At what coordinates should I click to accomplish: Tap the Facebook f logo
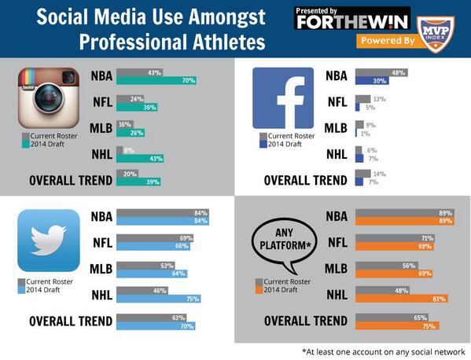click(x=282, y=98)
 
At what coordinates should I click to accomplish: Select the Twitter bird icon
click(x=49, y=241)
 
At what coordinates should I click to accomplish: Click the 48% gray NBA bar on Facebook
click(x=381, y=72)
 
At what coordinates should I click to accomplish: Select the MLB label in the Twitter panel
click(x=101, y=268)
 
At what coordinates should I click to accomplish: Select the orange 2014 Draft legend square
click(x=260, y=289)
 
